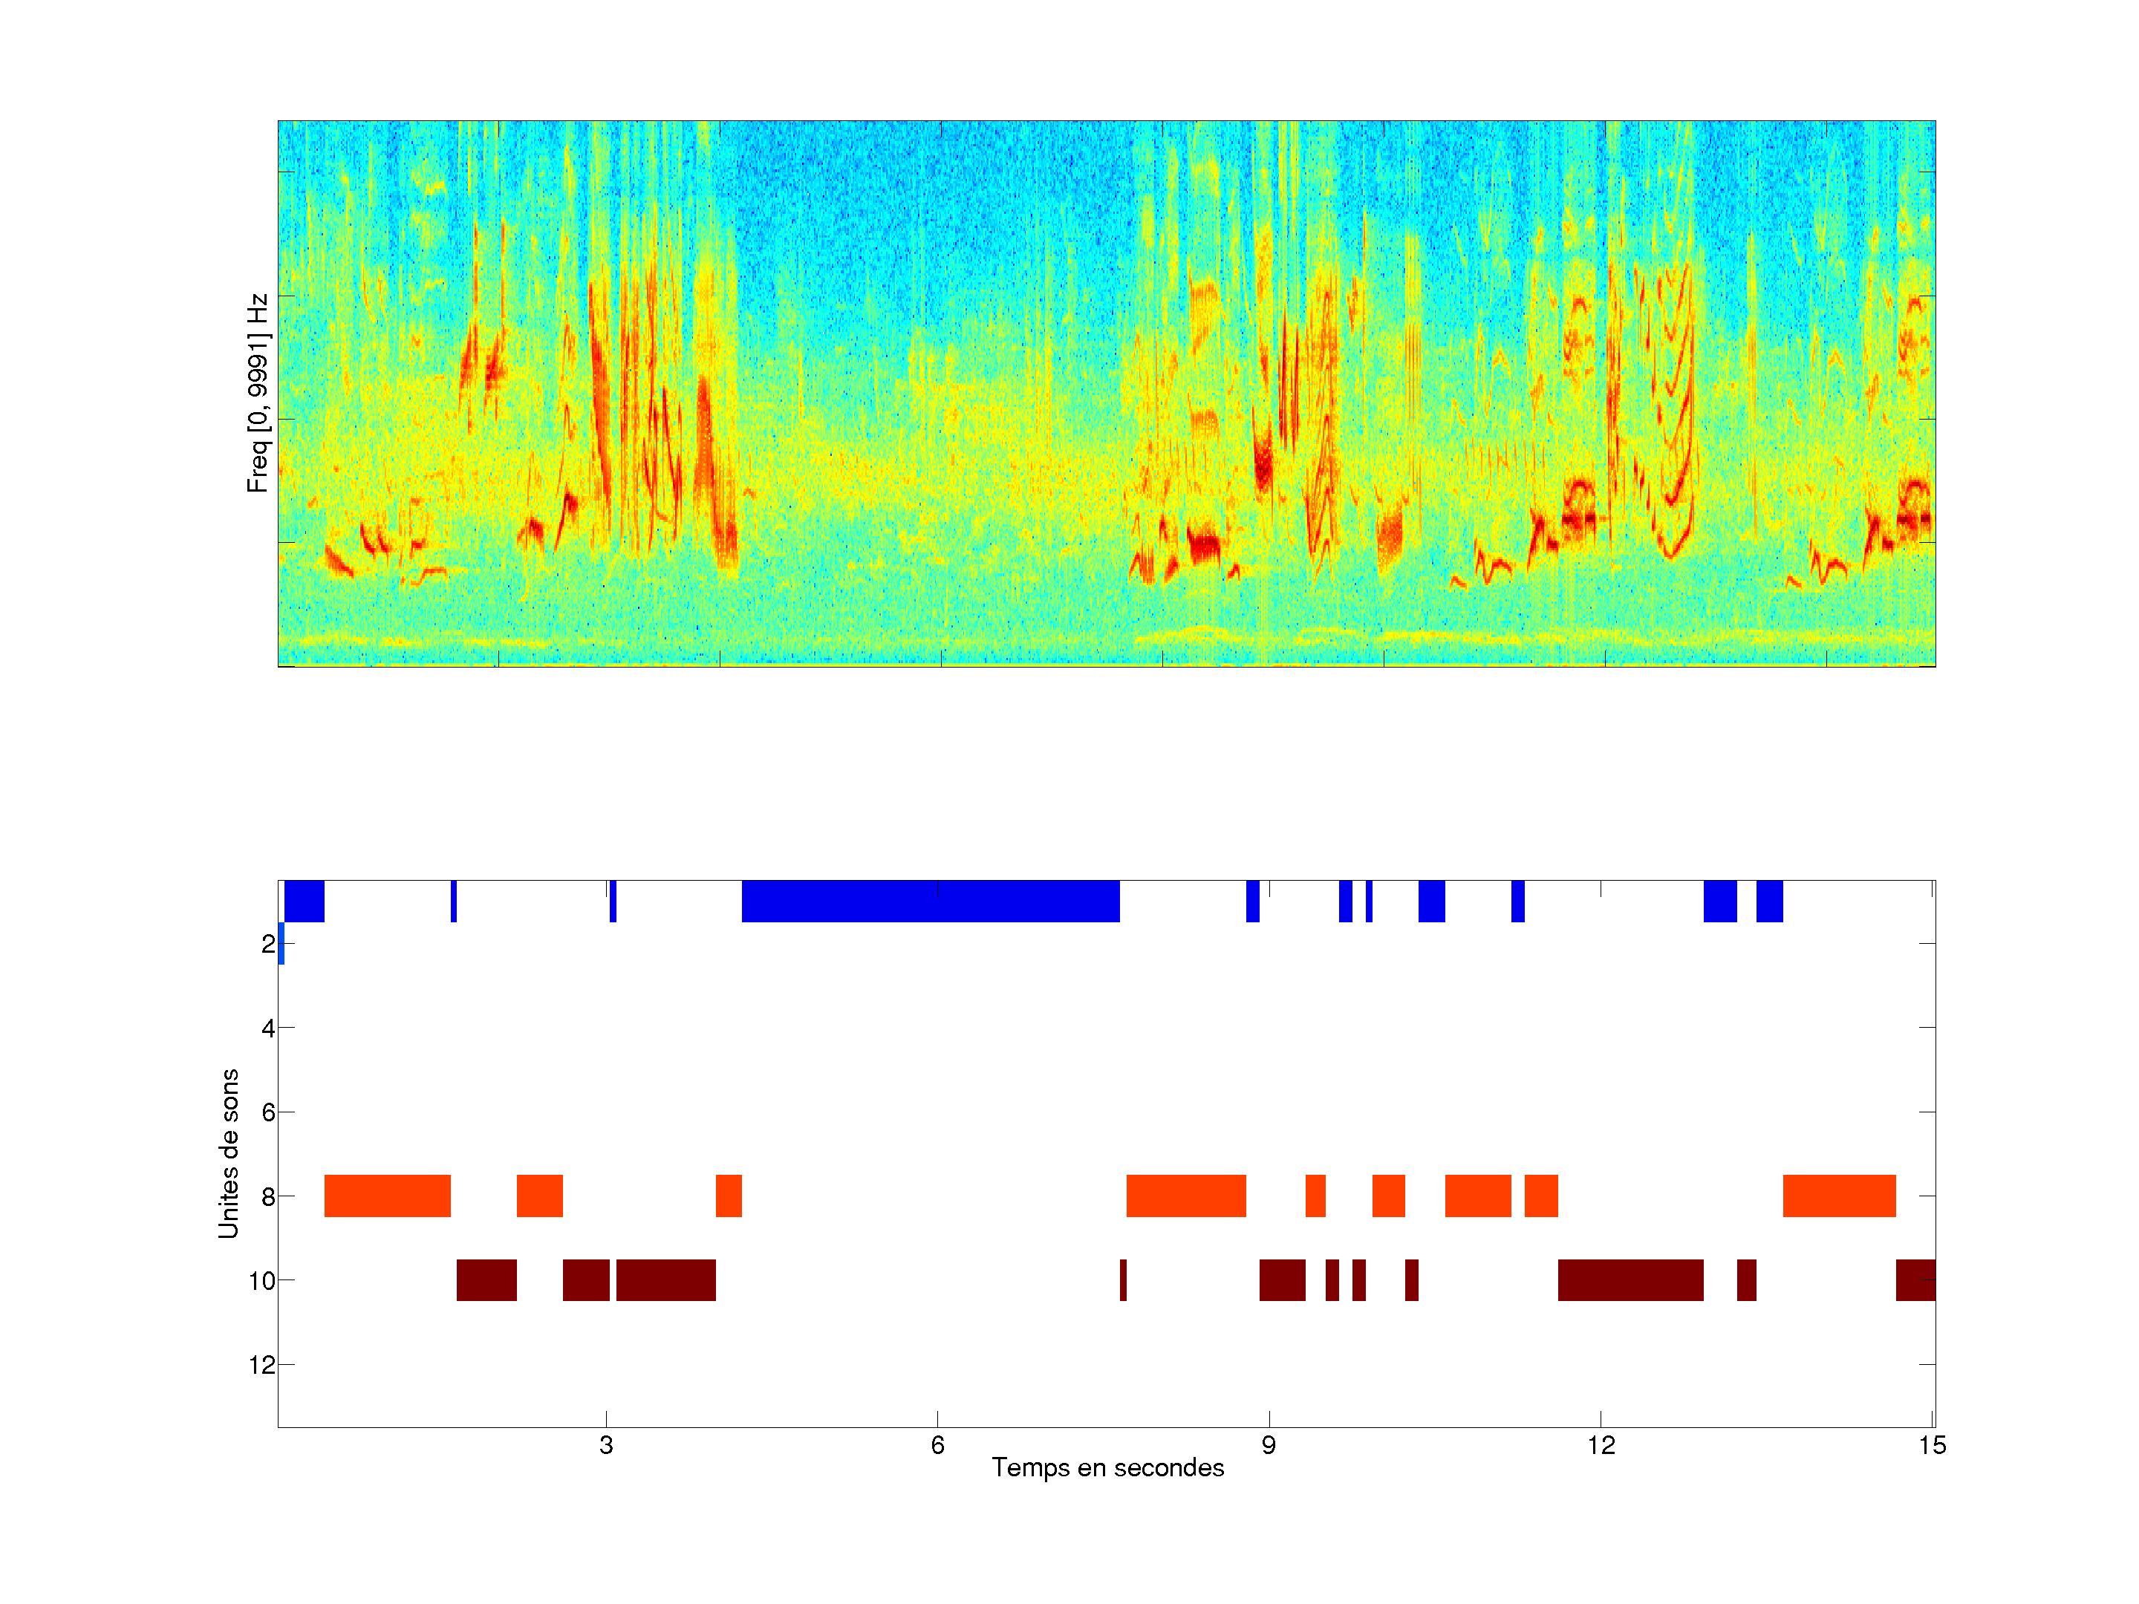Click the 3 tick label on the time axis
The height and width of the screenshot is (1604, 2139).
(x=606, y=1445)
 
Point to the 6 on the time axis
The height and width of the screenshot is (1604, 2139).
(x=937, y=1445)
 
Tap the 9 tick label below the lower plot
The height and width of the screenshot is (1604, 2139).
(x=1269, y=1445)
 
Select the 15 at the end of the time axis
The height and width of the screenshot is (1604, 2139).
(x=1932, y=1445)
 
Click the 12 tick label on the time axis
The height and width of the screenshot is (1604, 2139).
(x=1601, y=1445)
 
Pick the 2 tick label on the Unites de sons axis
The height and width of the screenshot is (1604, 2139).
(x=268, y=944)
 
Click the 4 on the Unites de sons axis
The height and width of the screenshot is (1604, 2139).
(x=268, y=1028)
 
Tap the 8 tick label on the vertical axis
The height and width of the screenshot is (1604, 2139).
(x=268, y=1197)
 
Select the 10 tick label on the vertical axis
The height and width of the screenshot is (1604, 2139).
(x=262, y=1281)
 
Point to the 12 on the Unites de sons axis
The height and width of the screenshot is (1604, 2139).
(x=262, y=1365)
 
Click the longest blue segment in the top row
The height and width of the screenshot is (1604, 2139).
(x=931, y=901)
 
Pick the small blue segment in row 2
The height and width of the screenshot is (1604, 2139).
(x=281, y=944)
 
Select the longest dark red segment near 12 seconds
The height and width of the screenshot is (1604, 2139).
(x=1630, y=1280)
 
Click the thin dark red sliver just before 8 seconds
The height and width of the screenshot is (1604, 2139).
(x=1123, y=1280)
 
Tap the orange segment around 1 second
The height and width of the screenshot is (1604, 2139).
(x=387, y=1196)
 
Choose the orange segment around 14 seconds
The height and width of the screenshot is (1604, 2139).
(x=1839, y=1196)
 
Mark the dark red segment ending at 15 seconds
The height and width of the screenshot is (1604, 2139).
(x=1915, y=1280)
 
